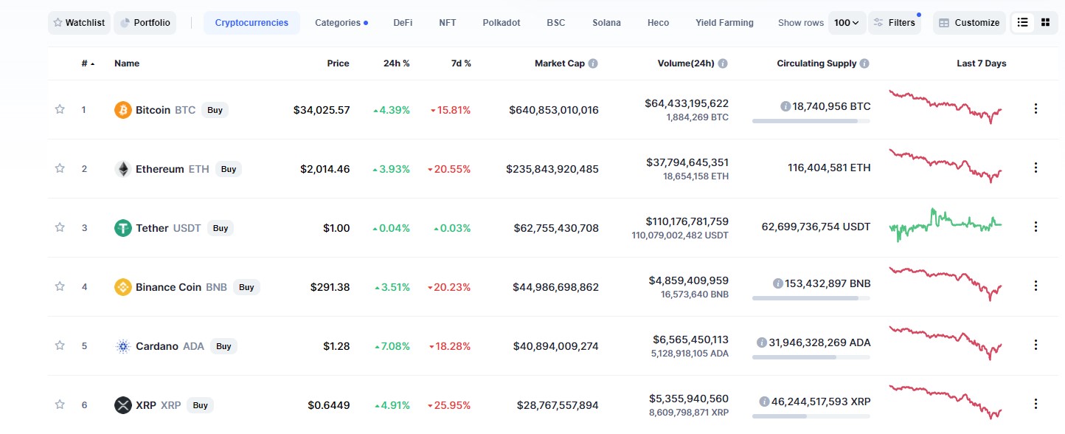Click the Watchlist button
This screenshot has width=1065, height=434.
click(80, 23)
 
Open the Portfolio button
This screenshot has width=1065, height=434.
click(145, 23)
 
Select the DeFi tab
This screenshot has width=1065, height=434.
click(403, 23)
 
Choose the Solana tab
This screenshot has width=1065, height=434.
click(606, 23)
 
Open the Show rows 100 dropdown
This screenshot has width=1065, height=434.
click(847, 23)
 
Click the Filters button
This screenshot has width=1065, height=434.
click(895, 23)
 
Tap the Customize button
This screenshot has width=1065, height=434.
click(969, 23)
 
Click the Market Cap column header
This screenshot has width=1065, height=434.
click(560, 63)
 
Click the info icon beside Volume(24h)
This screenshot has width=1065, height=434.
click(723, 63)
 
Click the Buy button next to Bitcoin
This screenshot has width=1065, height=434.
click(215, 110)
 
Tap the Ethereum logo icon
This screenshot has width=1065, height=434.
click(123, 169)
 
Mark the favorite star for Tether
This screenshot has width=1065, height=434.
click(60, 227)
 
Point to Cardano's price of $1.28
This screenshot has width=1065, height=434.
click(336, 346)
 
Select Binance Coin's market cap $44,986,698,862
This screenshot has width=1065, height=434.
click(555, 287)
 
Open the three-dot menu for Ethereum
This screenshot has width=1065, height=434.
click(1035, 168)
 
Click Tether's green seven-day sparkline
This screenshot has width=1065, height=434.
click(946, 224)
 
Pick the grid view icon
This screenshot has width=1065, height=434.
click(1045, 22)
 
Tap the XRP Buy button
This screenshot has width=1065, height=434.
click(200, 405)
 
